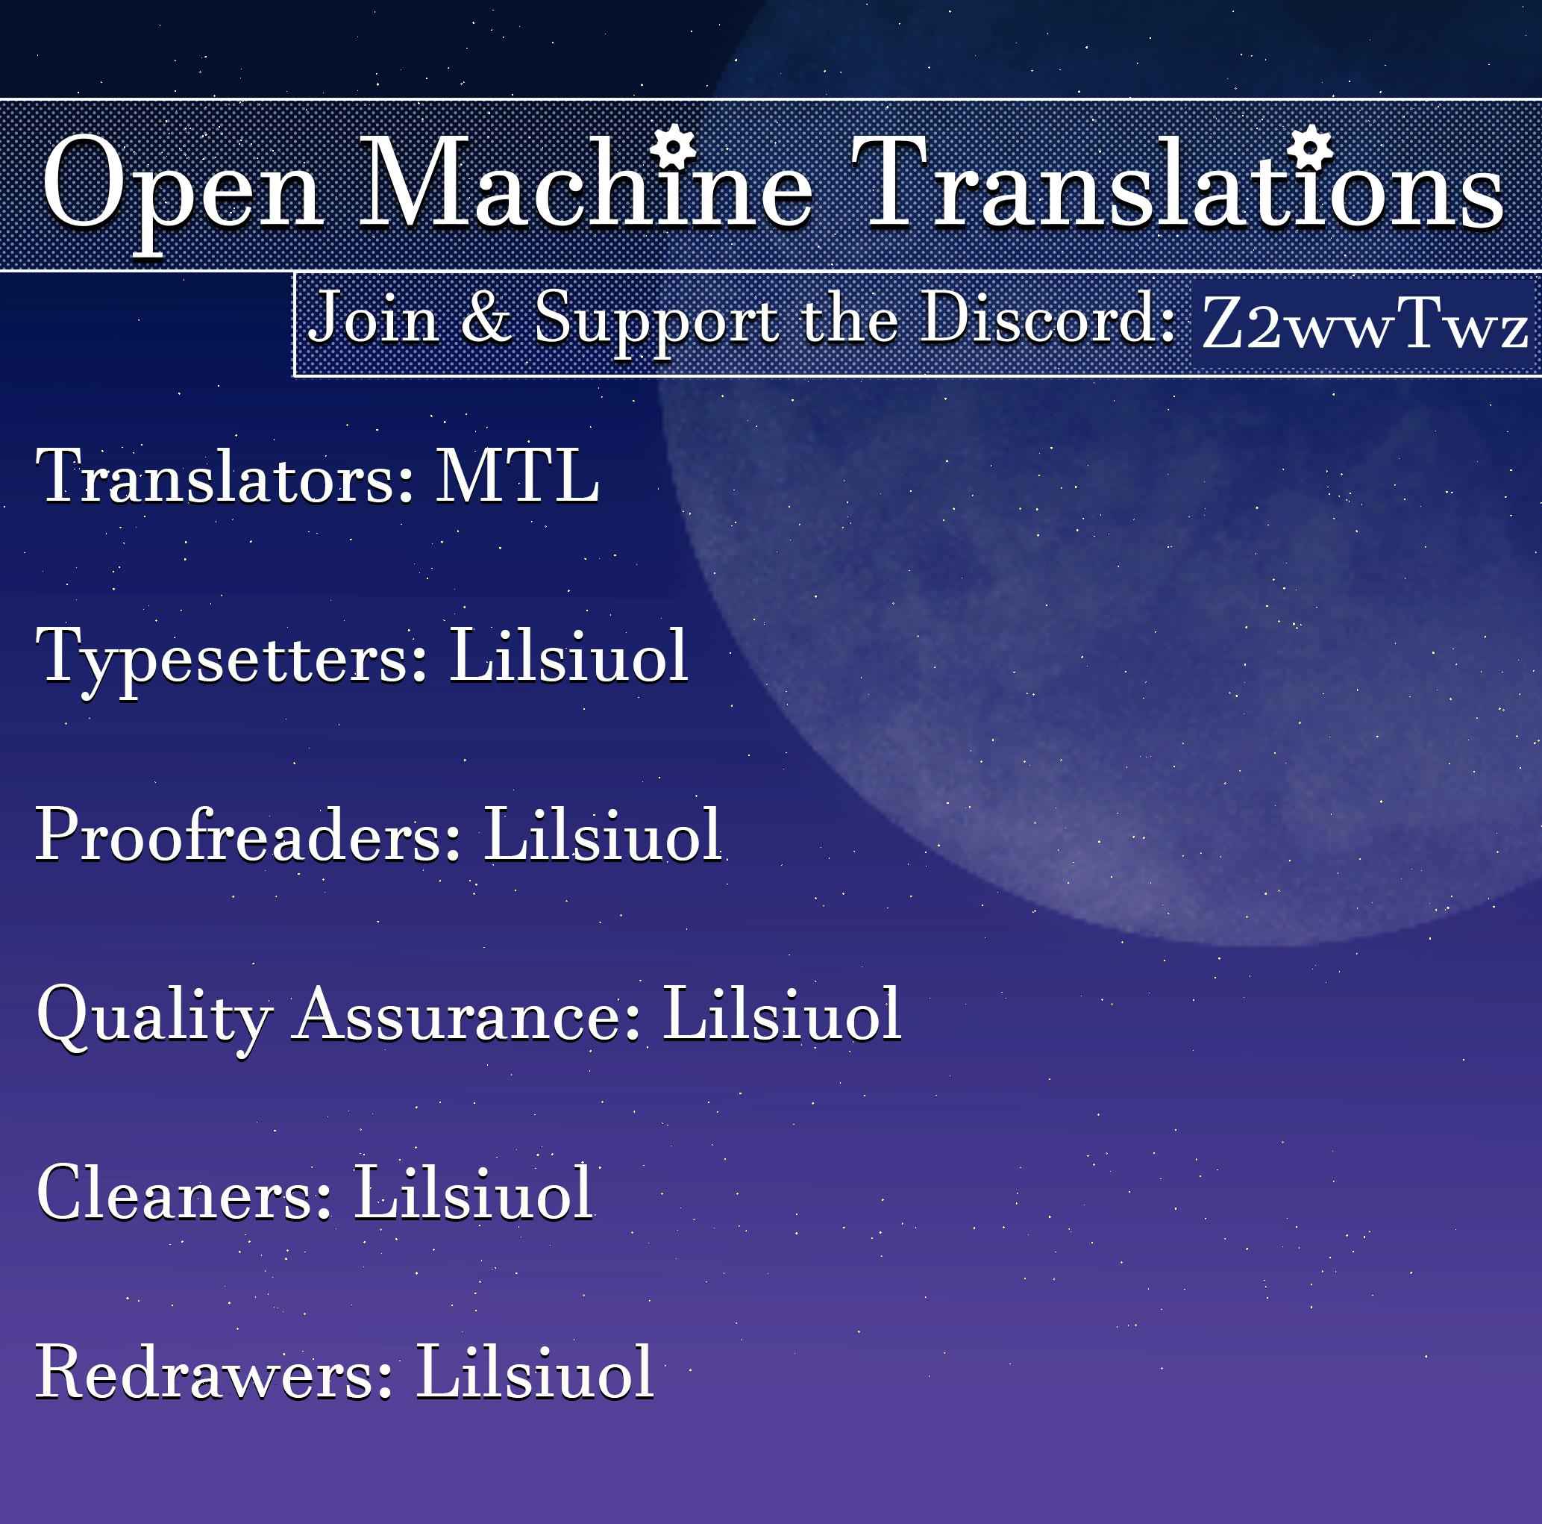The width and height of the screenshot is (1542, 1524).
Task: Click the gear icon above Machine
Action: (673, 146)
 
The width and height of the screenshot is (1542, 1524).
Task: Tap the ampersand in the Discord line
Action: (486, 318)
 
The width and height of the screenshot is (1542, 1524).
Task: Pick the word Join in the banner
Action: (374, 318)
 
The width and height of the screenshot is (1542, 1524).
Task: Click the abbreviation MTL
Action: (517, 476)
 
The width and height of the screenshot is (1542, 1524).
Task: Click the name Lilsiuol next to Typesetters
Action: (569, 655)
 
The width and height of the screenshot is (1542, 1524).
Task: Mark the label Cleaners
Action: (184, 1193)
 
